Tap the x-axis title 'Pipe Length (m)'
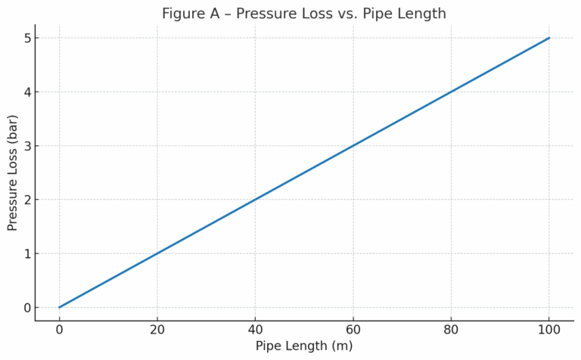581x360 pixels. [303, 346]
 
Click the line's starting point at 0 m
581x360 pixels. [59, 307]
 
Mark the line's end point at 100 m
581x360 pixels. [549, 38]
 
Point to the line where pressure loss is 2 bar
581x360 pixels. [255, 200]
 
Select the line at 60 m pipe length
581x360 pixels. [353, 146]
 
